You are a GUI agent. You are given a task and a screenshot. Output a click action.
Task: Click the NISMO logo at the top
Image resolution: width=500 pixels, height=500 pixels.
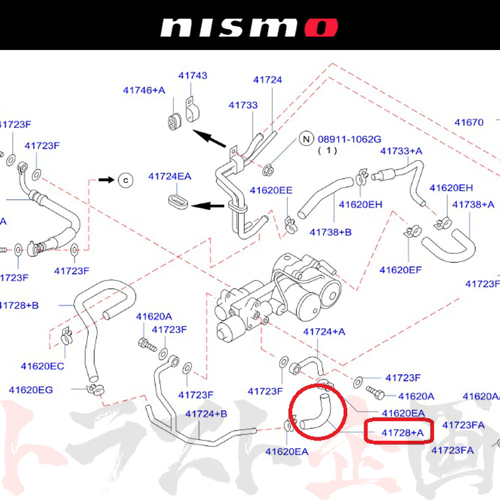coord(248,28)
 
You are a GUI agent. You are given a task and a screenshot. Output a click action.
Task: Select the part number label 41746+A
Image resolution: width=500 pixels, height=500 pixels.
coord(144,90)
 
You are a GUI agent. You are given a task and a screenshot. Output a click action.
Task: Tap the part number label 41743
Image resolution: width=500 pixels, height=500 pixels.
coord(192,75)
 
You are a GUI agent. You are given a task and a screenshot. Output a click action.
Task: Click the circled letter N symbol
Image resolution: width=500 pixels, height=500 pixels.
coord(305,138)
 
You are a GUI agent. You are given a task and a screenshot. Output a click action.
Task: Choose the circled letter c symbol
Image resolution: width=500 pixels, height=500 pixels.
coord(126,179)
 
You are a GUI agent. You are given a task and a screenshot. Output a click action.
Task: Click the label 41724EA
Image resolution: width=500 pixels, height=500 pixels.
coord(169,176)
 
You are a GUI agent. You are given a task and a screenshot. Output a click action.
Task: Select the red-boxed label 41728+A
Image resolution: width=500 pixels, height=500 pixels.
coord(399,432)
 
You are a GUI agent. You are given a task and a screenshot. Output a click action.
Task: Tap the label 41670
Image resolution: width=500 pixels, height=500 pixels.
coord(469,122)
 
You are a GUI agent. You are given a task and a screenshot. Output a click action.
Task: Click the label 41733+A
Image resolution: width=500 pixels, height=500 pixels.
coord(401,151)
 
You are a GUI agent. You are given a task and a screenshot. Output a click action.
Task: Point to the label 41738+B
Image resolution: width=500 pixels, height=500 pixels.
coord(330,232)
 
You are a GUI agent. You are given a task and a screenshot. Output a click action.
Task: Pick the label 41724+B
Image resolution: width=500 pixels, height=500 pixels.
coord(206,414)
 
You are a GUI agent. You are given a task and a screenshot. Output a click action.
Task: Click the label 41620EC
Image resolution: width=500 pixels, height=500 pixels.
coord(42,366)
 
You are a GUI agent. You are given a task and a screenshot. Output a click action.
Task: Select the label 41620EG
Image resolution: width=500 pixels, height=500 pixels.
coord(30,389)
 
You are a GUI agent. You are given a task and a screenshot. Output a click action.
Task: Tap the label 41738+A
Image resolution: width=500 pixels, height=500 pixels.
coord(473,204)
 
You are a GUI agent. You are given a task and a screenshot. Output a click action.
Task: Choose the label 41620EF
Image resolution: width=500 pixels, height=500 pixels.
coord(400,270)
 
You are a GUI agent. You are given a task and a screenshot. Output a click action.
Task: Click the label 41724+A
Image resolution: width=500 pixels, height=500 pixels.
coord(324,331)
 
